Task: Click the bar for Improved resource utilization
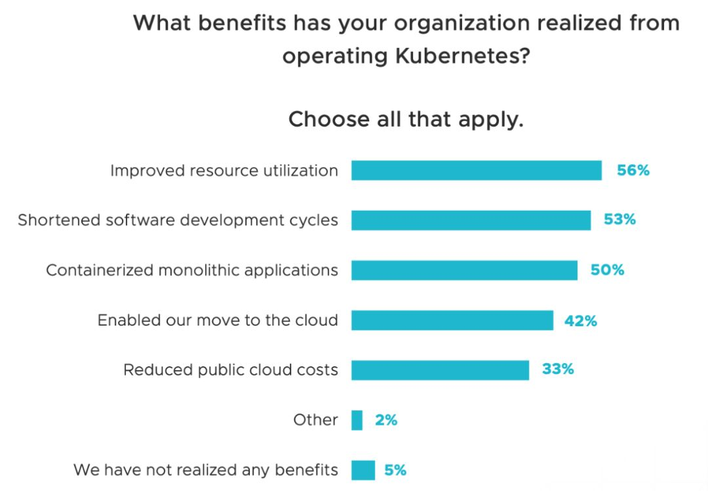(x=476, y=171)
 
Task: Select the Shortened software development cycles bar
(x=471, y=221)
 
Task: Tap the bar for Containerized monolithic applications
(x=464, y=270)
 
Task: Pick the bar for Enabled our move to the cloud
(x=452, y=320)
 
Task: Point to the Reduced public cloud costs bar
(x=440, y=370)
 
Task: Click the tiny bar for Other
(x=357, y=420)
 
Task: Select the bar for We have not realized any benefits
(x=363, y=470)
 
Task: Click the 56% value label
(x=633, y=171)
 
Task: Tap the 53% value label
(x=620, y=220)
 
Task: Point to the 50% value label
(x=607, y=270)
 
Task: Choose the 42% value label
(x=581, y=320)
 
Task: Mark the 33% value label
(x=558, y=370)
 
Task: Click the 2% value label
(x=386, y=420)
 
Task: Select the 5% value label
(x=395, y=470)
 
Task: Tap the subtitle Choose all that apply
(x=406, y=119)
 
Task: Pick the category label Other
(x=315, y=420)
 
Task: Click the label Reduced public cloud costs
(x=231, y=370)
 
